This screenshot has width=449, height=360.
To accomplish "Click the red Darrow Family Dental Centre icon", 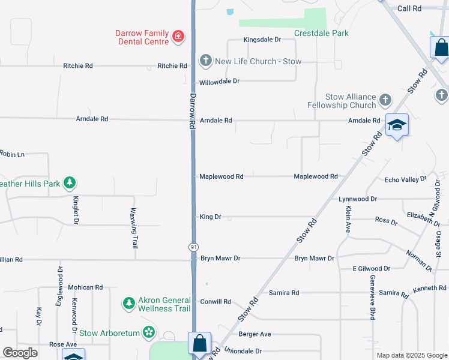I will coord(178,37).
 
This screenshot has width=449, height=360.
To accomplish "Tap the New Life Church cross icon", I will coord(205,61).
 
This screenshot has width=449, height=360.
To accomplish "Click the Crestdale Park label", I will coord(321,33).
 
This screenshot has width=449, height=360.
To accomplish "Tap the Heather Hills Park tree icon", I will coord(70,182).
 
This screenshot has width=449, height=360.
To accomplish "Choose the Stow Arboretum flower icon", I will coord(149,332).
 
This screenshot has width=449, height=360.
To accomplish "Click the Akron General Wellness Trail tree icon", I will coord(128,304).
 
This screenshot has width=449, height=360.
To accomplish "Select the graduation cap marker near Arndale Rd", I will coord(397,125).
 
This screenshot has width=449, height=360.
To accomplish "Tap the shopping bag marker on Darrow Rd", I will coord(199,344).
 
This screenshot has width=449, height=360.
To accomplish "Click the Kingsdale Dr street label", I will coord(262,40).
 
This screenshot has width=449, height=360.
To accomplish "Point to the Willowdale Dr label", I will coord(220,81).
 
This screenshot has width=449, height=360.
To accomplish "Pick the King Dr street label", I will coord(210,217).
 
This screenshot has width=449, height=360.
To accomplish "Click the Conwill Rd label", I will coord(215,302).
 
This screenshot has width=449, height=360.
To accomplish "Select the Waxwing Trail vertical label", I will coord(135,229).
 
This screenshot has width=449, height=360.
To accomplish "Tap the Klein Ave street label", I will coord(348,219).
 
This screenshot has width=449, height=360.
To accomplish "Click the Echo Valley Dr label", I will coord(405,179).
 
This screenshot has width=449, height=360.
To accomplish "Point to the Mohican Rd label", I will coord(85,288).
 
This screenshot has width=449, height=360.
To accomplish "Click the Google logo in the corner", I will coord(20,353).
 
